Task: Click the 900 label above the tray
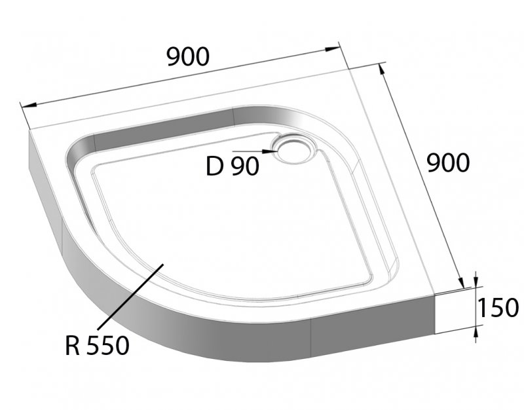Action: point(187,57)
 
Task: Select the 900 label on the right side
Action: point(448,162)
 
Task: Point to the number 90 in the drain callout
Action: point(244,166)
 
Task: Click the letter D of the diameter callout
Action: point(215,166)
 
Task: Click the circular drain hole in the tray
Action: point(292,148)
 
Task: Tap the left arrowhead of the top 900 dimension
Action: point(26,106)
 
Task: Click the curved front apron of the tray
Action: point(196,337)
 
